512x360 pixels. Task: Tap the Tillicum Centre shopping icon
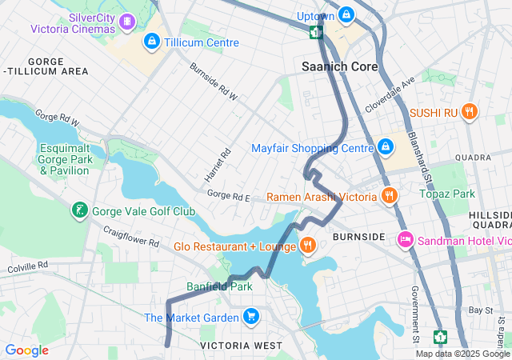[x=151, y=41]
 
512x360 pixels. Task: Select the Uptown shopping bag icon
[x=346, y=14]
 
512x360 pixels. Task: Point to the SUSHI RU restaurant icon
[x=470, y=113]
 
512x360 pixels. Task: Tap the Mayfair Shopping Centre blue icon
[x=386, y=148]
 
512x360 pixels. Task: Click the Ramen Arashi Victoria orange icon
[x=390, y=196]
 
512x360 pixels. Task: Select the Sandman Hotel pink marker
[x=406, y=239]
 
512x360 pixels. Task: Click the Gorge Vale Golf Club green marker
[x=80, y=211]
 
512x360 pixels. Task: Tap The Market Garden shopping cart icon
[x=251, y=317]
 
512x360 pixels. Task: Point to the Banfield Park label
[x=219, y=286]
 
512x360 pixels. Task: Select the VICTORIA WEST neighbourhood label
[x=241, y=345]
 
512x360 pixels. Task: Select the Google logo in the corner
[x=26, y=350]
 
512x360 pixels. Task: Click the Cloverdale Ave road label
[x=390, y=94]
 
